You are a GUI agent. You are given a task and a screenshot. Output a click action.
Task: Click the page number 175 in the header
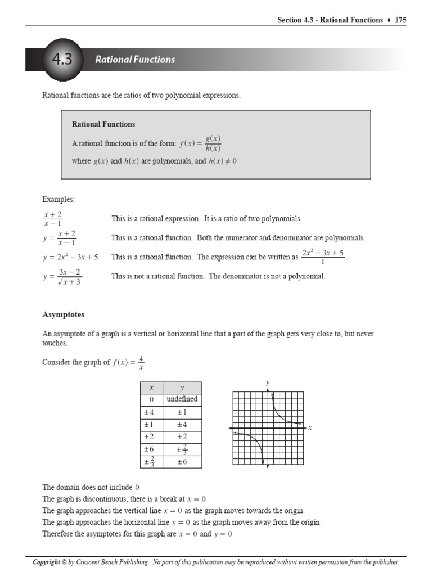[400, 20]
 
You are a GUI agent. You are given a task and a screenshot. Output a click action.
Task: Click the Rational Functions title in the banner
[135, 60]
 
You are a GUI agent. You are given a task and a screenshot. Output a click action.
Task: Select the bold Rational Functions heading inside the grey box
[103, 124]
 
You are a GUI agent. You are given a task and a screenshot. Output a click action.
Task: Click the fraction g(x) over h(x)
[213, 143]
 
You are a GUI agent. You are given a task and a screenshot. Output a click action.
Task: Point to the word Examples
[58, 199]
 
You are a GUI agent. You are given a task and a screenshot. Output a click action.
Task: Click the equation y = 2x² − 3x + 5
[70, 257]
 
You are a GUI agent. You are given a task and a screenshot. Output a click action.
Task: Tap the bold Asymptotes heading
[64, 314]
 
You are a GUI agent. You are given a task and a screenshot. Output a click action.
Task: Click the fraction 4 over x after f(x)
[141, 363]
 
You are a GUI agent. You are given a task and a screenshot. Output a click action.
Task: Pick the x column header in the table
[151, 388]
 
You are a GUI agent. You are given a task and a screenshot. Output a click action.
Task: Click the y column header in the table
[182, 388]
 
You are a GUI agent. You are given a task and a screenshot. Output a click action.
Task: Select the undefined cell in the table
[182, 399]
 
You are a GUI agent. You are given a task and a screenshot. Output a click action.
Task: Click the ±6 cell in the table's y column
[182, 462]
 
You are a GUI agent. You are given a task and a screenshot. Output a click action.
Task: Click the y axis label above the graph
[268, 383]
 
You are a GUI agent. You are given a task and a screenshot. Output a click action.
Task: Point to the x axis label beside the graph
[310, 428]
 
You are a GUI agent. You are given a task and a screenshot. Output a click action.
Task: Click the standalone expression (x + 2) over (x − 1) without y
[52, 218]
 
